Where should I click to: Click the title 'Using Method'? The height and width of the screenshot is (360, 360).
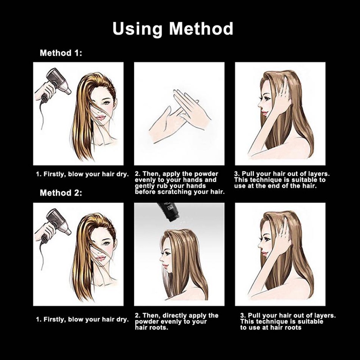(173, 29)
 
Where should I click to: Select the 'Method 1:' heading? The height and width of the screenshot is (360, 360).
(61, 53)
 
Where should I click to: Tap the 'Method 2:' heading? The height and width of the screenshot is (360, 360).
(61, 193)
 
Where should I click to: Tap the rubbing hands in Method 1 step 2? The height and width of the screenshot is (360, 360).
(180, 117)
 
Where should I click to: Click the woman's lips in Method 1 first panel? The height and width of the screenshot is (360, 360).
(100, 117)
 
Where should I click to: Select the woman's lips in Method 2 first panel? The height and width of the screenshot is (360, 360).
(100, 258)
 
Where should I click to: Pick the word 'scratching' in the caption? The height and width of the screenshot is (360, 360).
(175, 192)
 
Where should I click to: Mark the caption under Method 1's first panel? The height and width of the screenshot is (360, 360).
(82, 174)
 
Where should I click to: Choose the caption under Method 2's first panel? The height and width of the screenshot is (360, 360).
(82, 319)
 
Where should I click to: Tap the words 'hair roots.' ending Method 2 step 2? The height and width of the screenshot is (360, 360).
(152, 328)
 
